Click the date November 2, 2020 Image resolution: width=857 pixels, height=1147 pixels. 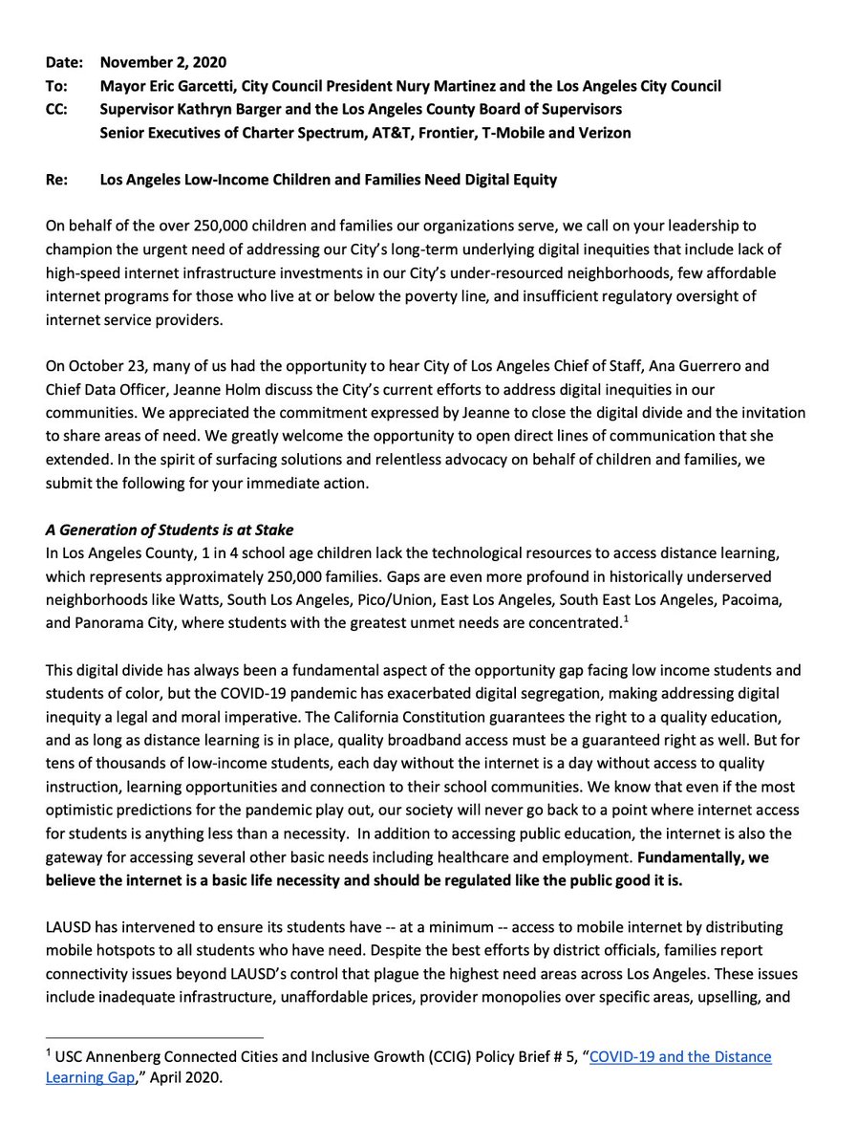(x=163, y=63)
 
